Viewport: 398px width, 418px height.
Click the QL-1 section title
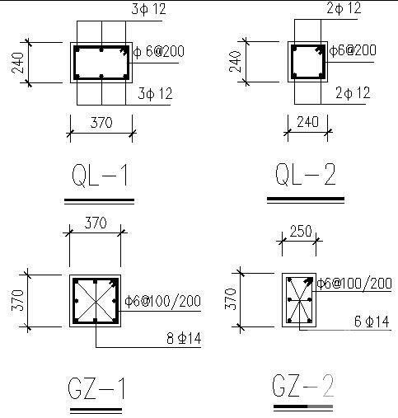coord(100,176)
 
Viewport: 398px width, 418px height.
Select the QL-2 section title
coord(306,174)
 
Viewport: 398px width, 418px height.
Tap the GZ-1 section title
coord(96,388)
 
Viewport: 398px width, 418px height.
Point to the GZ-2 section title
coord(303,385)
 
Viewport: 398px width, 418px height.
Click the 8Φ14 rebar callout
coord(184,338)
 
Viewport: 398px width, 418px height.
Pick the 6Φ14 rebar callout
coord(372,322)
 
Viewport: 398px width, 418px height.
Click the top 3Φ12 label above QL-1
coord(149,9)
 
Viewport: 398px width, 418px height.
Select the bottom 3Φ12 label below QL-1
coord(155,93)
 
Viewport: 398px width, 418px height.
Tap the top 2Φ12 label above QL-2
coord(344,8)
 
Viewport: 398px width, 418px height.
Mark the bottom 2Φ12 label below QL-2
coord(353,92)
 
